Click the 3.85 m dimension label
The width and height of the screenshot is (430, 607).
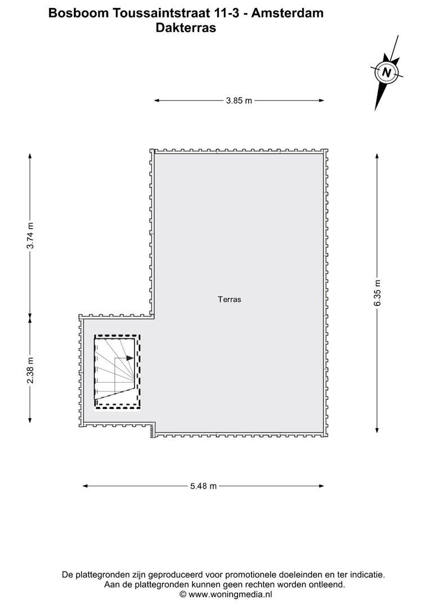[239, 101]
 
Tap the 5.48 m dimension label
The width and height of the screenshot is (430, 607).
[203, 486]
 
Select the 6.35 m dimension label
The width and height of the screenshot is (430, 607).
[377, 293]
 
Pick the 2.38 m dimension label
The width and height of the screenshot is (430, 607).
[30, 370]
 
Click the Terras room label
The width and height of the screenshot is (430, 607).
[229, 300]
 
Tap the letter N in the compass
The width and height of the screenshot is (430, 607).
[386, 73]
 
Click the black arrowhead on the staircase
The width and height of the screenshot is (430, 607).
[130, 358]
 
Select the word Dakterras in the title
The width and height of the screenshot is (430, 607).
[186, 28]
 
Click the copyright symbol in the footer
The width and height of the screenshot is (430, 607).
[183, 594]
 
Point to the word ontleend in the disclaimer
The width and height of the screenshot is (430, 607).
[326, 585]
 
